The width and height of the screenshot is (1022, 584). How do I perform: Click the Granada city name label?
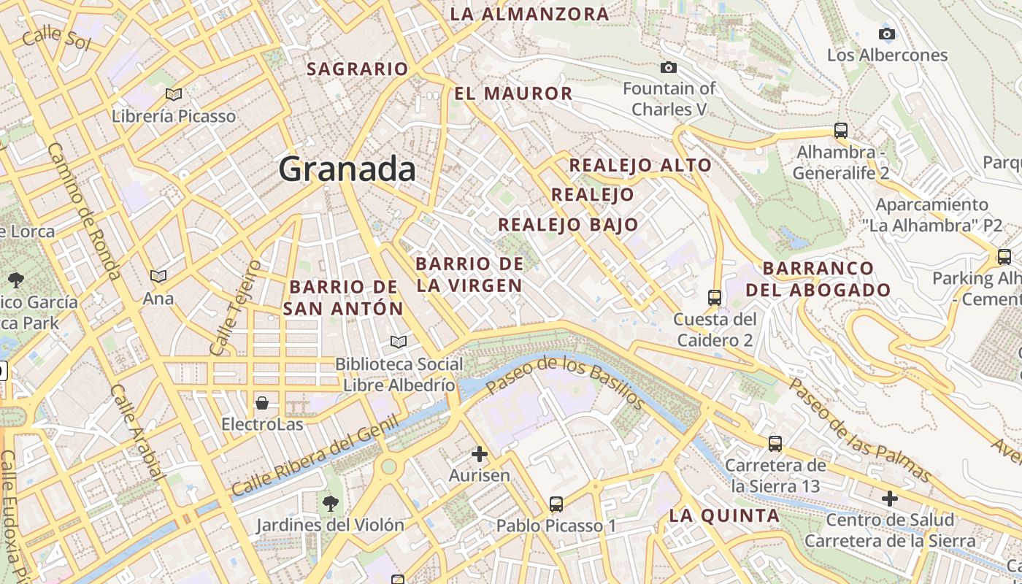(x=347, y=169)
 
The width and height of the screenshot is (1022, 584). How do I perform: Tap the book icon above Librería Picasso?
(x=174, y=94)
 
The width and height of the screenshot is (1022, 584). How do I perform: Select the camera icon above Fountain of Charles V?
(x=668, y=68)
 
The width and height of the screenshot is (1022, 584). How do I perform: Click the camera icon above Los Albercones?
(x=887, y=34)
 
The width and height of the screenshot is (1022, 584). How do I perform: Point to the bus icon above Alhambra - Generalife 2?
(x=841, y=131)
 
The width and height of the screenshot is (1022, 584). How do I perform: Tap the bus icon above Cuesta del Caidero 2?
(x=715, y=298)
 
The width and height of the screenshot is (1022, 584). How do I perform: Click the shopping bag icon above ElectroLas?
(x=261, y=403)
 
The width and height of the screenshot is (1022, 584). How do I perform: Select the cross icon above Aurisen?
(x=480, y=455)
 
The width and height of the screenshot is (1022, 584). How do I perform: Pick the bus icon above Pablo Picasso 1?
(x=556, y=504)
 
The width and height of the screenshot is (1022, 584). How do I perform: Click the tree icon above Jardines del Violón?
(x=331, y=503)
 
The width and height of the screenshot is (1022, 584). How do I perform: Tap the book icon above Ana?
(x=158, y=276)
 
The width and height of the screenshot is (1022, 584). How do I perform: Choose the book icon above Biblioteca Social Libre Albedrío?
(x=399, y=342)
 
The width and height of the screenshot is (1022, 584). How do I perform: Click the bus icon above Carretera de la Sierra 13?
(x=775, y=443)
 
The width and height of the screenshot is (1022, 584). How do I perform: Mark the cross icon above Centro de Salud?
(x=889, y=499)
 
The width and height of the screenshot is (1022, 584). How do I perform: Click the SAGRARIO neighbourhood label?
(x=358, y=69)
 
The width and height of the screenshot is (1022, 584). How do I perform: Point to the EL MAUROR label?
(x=513, y=93)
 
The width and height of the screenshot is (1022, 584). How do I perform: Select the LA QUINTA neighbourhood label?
(x=724, y=515)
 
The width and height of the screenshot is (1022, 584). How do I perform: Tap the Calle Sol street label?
(x=56, y=39)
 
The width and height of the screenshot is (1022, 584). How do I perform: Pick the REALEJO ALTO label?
(x=640, y=165)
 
